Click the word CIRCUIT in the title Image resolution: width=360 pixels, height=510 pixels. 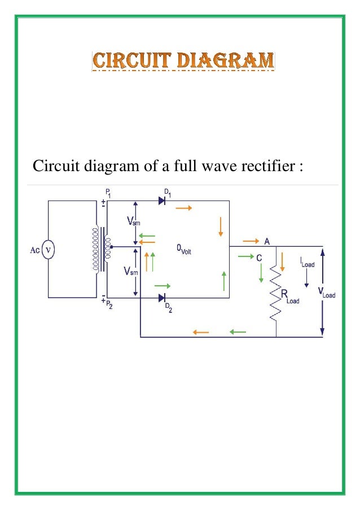(x=126, y=60)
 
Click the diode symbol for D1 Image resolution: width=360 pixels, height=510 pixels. (x=162, y=201)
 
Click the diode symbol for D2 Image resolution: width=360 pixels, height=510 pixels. (x=162, y=298)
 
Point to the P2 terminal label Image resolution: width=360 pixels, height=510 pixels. (x=109, y=307)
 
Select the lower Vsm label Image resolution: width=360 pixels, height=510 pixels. (x=131, y=272)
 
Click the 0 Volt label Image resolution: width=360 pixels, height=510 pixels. (x=184, y=249)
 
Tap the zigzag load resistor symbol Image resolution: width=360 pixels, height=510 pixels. (x=276, y=294)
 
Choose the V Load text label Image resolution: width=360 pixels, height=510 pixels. (x=326, y=293)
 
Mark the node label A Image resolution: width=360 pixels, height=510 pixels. (x=267, y=241)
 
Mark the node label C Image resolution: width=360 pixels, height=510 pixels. (x=259, y=258)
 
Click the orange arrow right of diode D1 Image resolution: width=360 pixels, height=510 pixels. (x=184, y=208)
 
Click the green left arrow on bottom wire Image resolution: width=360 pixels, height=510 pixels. (x=238, y=332)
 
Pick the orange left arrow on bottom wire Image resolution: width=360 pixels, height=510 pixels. (x=201, y=332)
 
